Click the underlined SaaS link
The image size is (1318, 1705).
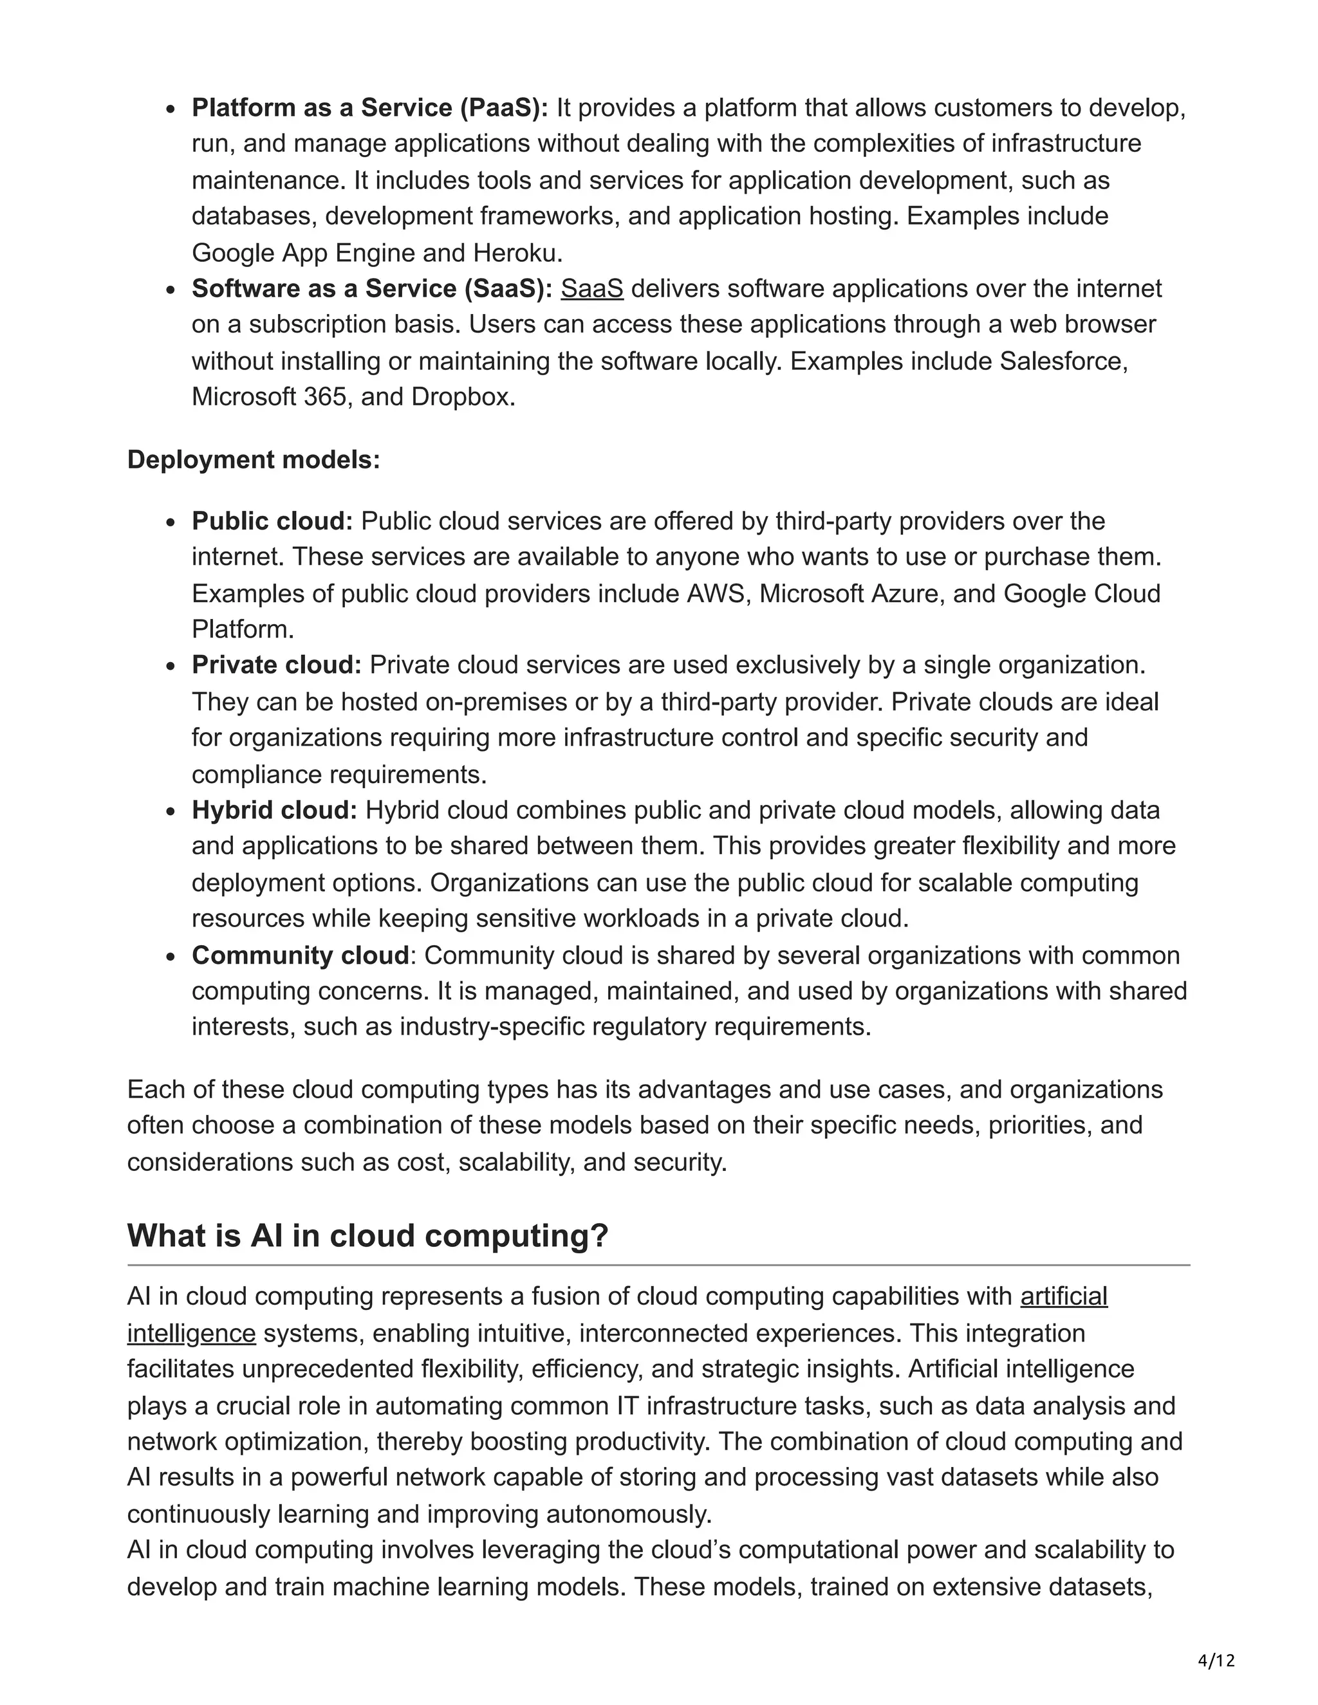tap(592, 289)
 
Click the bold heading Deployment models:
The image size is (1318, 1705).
tap(254, 460)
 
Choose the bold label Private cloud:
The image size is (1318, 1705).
tap(276, 665)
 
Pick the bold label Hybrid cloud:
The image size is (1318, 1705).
tap(274, 810)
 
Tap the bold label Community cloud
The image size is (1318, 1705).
tap(301, 955)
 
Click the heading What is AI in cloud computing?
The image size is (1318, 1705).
tap(367, 1235)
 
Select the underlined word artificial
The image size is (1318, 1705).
tap(1063, 1296)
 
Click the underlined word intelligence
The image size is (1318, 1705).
tap(191, 1333)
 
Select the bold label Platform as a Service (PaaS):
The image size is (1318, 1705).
tap(370, 107)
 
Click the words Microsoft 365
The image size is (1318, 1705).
tap(270, 398)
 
